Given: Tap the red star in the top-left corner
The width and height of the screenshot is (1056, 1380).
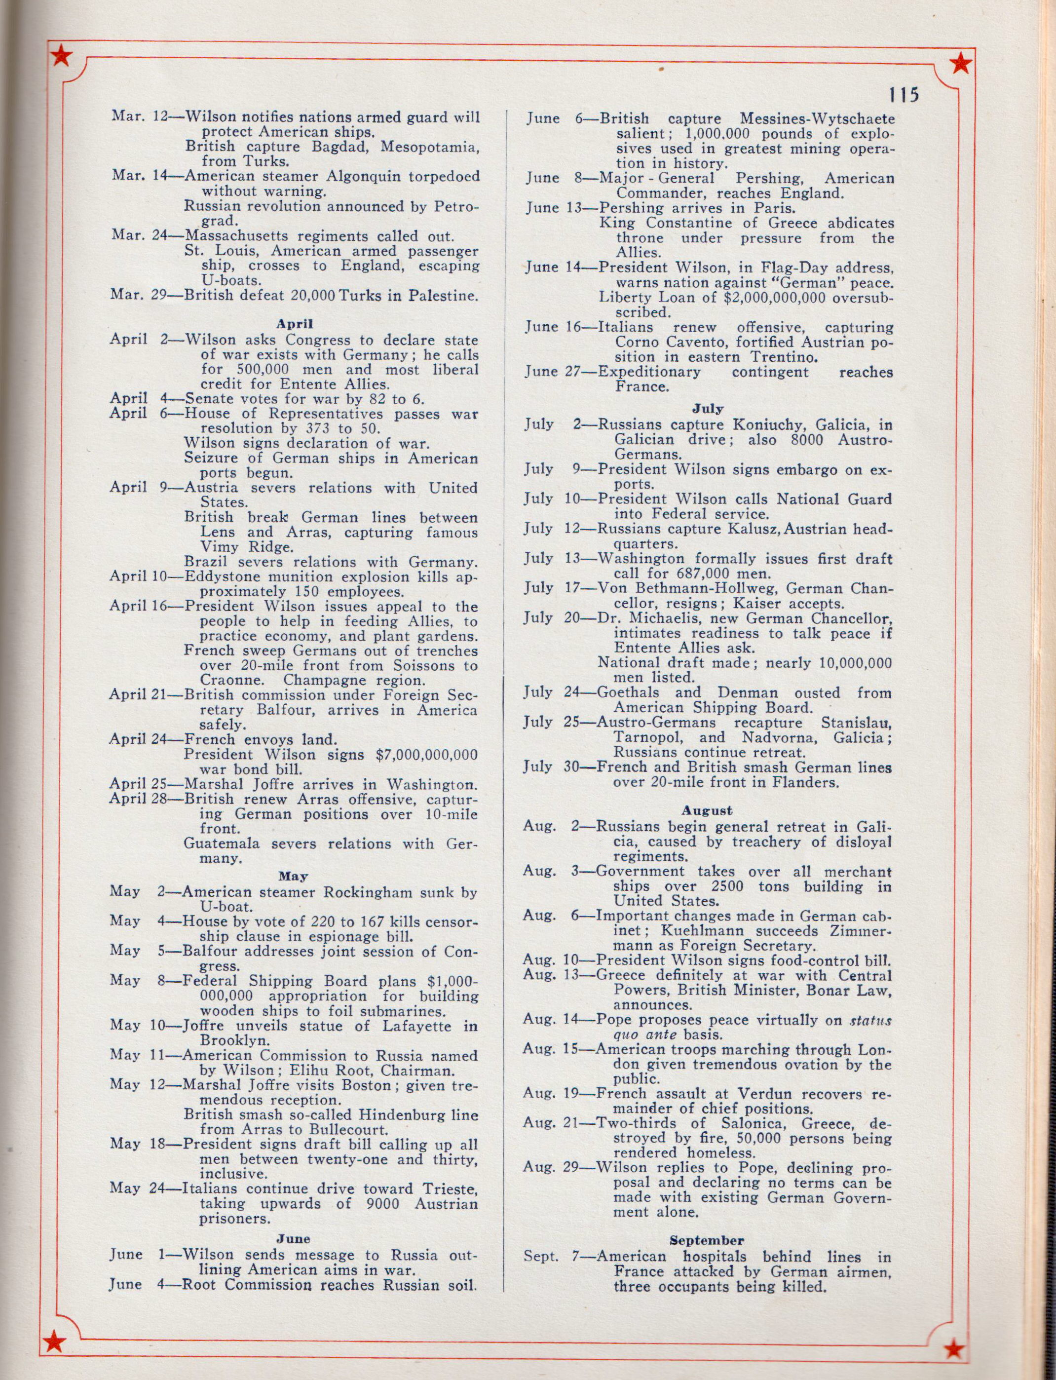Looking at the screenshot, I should coord(61,57).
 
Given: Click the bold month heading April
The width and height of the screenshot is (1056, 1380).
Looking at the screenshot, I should coord(294,324).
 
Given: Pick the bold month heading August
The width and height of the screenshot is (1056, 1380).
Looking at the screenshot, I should coord(708,810).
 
